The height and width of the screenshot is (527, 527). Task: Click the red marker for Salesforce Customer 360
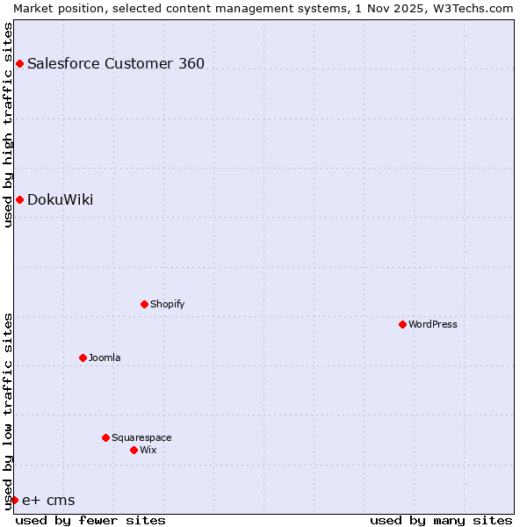tap(19, 63)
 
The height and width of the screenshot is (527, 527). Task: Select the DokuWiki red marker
tap(19, 199)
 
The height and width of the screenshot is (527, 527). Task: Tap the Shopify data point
tap(144, 304)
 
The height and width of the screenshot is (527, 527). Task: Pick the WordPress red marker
tap(402, 324)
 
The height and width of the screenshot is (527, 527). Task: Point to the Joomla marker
tap(83, 357)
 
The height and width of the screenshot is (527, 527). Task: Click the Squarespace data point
tap(105, 437)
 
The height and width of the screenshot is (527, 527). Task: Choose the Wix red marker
tap(134, 450)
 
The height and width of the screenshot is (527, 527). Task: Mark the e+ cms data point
tap(14, 500)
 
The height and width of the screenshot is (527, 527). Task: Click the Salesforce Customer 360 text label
tap(116, 63)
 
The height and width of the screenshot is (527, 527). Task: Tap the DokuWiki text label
tap(60, 199)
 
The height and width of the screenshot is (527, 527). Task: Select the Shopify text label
tap(167, 304)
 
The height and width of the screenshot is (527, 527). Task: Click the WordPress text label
tap(433, 324)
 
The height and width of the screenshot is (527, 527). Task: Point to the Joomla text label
tap(105, 357)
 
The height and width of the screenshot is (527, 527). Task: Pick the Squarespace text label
tap(141, 437)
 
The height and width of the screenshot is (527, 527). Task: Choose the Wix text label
tap(148, 450)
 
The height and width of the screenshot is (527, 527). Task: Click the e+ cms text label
tap(48, 500)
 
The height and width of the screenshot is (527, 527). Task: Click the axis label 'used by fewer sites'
tap(90, 520)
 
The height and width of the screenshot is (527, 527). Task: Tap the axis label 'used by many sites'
tap(441, 520)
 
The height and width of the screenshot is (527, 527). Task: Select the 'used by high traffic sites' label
tap(8, 125)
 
